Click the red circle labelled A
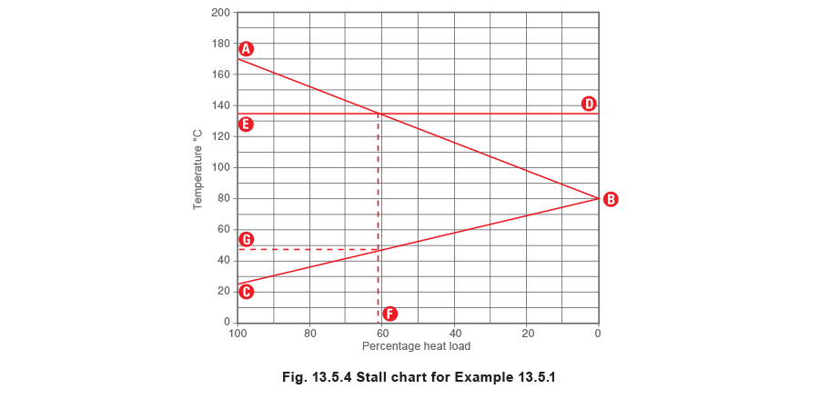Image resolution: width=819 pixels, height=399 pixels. (x=246, y=48)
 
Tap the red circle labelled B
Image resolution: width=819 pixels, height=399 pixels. (x=611, y=199)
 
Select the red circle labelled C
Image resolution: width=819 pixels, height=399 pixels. (x=246, y=292)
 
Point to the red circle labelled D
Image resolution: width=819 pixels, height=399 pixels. (x=590, y=104)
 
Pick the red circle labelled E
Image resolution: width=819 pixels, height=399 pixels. (x=246, y=125)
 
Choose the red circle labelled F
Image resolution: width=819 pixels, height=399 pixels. (x=389, y=314)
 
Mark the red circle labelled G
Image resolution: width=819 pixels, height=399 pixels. (x=246, y=240)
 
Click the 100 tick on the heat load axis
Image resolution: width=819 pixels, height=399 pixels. (x=237, y=334)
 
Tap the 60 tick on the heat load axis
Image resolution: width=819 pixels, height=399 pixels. (x=381, y=334)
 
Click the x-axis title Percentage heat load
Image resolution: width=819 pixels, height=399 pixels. (x=417, y=346)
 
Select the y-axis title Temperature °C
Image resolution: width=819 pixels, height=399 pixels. (x=197, y=169)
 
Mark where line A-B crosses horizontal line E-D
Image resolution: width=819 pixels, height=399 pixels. (x=378, y=114)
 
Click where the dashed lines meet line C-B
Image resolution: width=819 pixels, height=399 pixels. (x=378, y=249)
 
